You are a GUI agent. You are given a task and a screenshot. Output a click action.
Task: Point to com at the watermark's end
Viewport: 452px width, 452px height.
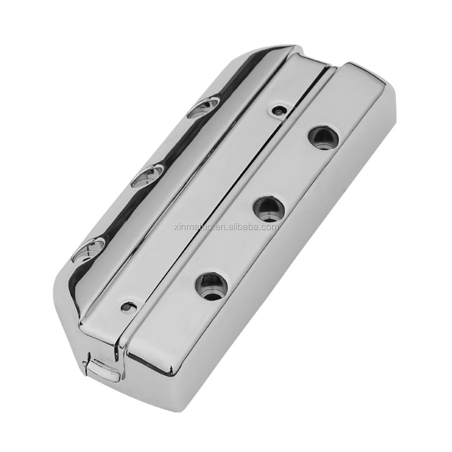[x=270, y=227]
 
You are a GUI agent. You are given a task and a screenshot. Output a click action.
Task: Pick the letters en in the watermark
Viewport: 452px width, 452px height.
[x=220, y=227]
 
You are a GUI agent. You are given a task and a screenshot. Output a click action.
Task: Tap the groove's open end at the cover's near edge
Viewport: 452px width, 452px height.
[x=120, y=331]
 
